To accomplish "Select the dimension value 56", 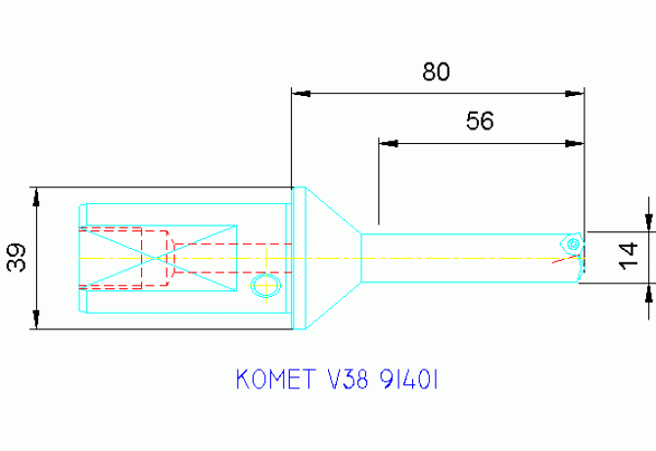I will click(x=480, y=121).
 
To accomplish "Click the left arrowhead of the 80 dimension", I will click(x=302, y=93).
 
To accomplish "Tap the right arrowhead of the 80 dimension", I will click(x=576, y=93).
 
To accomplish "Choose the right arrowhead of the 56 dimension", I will click(x=576, y=143).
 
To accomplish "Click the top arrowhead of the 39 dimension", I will click(x=36, y=195).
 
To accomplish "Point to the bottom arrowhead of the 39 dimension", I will click(x=36, y=320).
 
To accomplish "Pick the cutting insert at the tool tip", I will click(x=572, y=242).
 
